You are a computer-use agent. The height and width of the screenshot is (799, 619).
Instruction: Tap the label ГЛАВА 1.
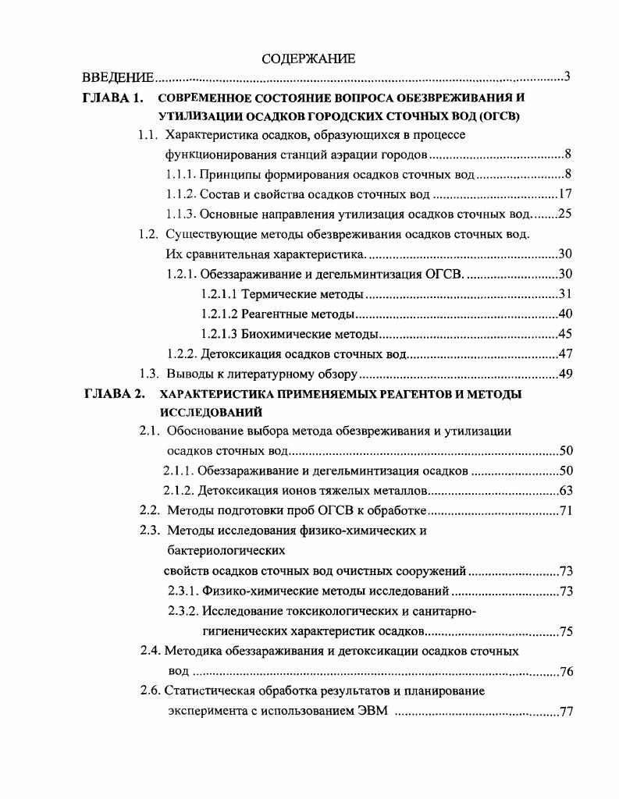[113, 98]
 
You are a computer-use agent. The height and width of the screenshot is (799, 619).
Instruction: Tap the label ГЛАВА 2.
[113, 394]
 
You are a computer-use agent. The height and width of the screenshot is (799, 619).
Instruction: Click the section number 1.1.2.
[181, 194]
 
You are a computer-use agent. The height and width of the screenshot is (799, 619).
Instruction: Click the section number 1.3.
[149, 374]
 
